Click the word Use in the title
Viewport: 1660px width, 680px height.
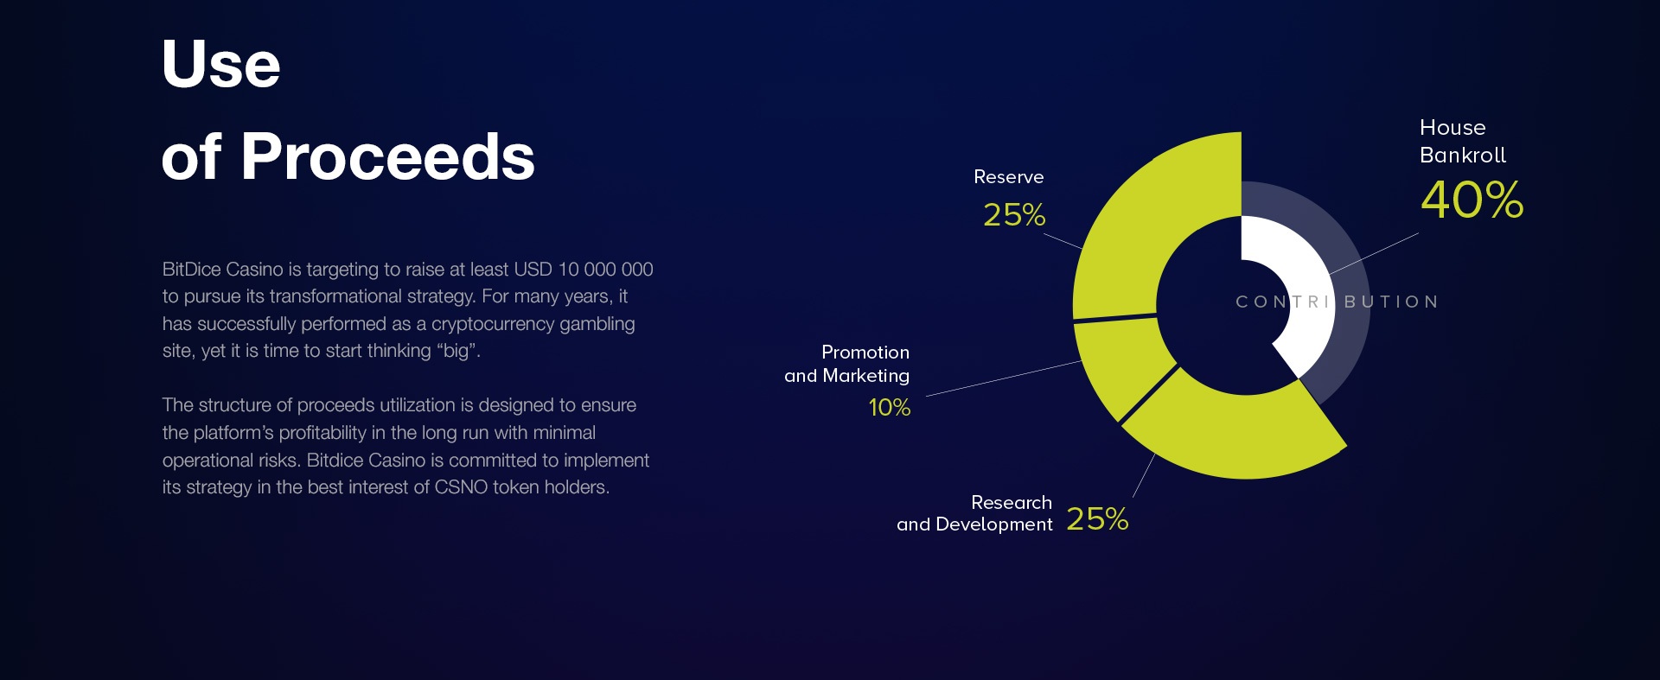[220, 64]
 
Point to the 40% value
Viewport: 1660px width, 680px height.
[1472, 200]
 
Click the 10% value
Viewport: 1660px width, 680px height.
[890, 407]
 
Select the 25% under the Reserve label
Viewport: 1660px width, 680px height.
[1014, 214]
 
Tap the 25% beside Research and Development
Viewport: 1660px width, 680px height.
[1097, 518]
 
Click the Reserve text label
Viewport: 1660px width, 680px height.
[1009, 177]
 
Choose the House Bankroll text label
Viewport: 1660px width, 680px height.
[1463, 142]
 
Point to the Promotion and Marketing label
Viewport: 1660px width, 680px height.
[847, 364]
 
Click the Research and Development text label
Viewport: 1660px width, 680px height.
[975, 513]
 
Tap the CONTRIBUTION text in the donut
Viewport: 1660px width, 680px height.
[1337, 302]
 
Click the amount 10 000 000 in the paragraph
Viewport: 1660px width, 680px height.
[605, 269]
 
